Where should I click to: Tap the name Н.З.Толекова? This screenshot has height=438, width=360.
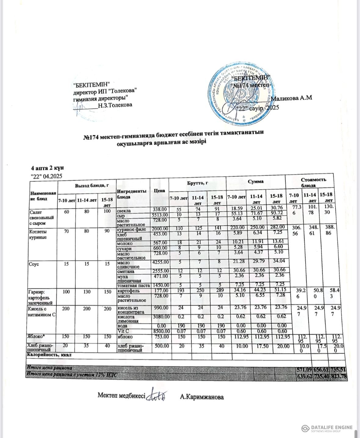[x=115, y=105]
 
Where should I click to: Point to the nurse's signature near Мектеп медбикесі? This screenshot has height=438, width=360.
[x=157, y=396]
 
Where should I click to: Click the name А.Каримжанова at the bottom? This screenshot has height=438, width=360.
[x=202, y=397]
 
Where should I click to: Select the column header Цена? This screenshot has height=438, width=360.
[x=160, y=190]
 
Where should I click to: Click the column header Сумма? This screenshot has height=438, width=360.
[x=256, y=181]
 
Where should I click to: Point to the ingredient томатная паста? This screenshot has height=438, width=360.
[x=134, y=285]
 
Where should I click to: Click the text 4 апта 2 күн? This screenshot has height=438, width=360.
[x=47, y=168]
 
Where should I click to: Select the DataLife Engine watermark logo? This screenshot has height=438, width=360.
[x=326, y=428]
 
